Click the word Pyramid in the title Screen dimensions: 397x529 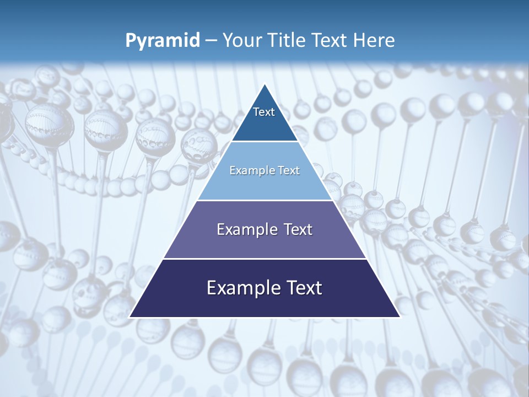(163, 40)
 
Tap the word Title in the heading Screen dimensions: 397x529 (287, 40)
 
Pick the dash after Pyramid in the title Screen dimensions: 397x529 (210, 41)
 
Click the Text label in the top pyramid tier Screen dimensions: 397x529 (264, 112)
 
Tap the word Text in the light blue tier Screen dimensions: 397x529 (290, 170)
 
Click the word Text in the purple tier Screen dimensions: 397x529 (298, 229)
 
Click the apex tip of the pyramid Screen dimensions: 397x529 (264, 84)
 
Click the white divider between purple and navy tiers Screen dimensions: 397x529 (264, 259)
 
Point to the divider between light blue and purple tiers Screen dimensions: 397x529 (264, 200)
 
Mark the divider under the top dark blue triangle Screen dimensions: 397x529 (264, 142)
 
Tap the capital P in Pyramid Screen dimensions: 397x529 (130, 40)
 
